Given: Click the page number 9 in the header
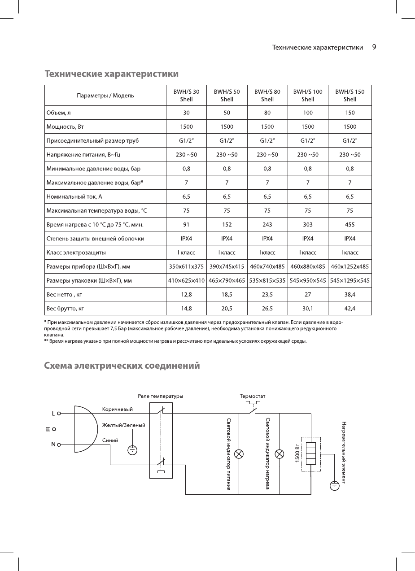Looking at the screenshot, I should [374, 47].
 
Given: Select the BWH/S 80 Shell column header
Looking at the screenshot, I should [267, 95].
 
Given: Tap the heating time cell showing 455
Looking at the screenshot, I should [349, 224].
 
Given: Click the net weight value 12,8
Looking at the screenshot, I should [186, 294].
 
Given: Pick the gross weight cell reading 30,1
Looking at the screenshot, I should [308, 308].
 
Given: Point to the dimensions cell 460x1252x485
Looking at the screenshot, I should [349, 266].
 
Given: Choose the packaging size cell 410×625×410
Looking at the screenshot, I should [186, 280].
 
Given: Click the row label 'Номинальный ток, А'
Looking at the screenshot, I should [74, 196].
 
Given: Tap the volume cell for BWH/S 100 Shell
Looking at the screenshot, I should [308, 113].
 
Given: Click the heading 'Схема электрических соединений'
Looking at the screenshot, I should [122, 366].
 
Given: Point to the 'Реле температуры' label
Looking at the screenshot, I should [160, 396].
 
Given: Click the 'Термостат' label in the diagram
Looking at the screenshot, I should [253, 396].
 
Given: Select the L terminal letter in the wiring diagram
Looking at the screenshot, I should [53, 414].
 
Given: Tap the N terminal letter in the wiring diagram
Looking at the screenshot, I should [53, 445].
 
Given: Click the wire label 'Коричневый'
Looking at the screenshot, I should [118, 409].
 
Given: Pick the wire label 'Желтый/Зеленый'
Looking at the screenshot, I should [124, 425].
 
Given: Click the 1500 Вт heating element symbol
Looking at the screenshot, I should [311, 453].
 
